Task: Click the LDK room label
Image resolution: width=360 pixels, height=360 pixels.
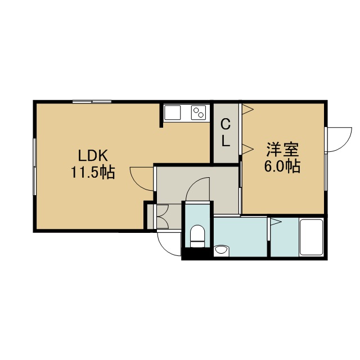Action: (93, 156)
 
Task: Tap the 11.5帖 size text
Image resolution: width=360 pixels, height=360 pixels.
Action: (93, 172)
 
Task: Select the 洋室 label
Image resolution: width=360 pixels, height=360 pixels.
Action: (282, 150)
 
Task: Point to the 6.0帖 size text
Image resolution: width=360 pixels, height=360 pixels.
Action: (282, 166)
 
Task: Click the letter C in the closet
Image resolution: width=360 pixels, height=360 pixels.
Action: (226, 125)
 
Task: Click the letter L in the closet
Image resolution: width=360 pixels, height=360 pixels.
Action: (226, 141)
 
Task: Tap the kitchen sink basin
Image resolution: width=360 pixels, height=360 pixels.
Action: (173, 112)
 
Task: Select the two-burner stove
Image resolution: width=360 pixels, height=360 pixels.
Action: (199, 112)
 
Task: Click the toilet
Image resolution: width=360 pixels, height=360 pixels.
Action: (197, 236)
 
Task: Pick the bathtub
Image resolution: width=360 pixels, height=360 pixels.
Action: (312, 237)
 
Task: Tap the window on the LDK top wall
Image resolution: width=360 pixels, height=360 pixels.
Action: (92, 101)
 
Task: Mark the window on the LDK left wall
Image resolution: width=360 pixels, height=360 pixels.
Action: (35, 166)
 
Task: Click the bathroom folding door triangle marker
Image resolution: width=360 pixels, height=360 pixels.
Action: (276, 222)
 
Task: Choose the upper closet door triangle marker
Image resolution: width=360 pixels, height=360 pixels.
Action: (248, 109)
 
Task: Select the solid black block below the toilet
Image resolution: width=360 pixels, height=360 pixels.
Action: (197, 254)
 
